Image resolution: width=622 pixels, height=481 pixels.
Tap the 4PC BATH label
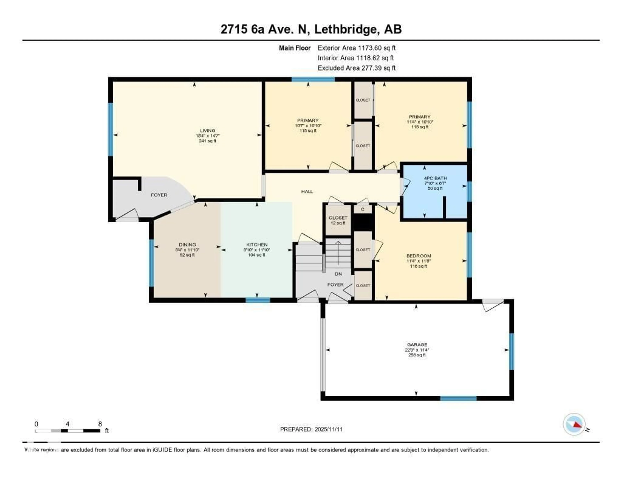[435, 178]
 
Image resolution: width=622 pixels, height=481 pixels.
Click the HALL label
[307, 192]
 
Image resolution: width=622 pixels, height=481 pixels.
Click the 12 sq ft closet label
[338, 220]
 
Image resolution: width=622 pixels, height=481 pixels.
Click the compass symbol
[574, 424]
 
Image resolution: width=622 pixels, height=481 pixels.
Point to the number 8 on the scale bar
[100, 424]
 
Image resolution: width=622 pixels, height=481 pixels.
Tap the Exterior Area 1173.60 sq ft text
[357, 48]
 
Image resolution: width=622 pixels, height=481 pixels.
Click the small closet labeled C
[363, 209]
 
